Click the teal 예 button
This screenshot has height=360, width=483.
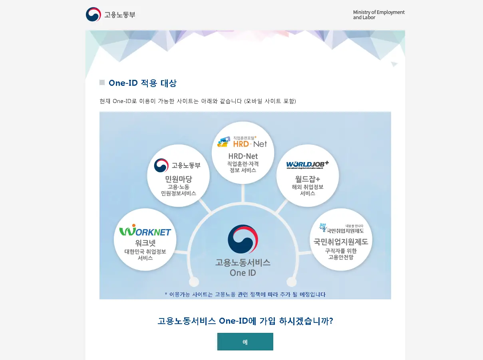click(x=245, y=342)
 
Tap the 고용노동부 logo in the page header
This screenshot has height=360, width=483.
click(x=111, y=15)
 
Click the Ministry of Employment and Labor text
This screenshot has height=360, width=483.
click(x=378, y=15)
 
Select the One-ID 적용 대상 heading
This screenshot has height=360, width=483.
click(x=142, y=83)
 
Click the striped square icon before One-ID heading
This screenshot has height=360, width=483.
click(x=102, y=83)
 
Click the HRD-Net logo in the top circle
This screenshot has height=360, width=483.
click(x=242, y=142)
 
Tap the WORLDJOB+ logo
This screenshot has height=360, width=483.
click(x=307, y=165)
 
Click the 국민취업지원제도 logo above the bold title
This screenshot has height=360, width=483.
click(x=341, y=228)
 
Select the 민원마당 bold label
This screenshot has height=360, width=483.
click(x=178, y=179)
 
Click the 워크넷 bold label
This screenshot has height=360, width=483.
click(x=145, y=243)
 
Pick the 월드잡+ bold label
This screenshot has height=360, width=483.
click(x=307, y=178)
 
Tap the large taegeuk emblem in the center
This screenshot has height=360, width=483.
click(x=242, y=239)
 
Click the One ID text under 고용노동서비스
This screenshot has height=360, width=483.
click(x=242, y=273)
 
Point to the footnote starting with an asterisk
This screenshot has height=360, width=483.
click(x=245, y=295)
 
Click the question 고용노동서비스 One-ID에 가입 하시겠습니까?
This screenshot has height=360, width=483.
click(x=245, y=321)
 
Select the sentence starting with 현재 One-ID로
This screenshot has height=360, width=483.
click(x=197, y=101)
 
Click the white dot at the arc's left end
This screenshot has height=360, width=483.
click(x=194, y=282)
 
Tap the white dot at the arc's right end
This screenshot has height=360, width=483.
click(x=292, y=282)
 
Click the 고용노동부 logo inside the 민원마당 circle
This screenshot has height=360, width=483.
click(x=177, y=165)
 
